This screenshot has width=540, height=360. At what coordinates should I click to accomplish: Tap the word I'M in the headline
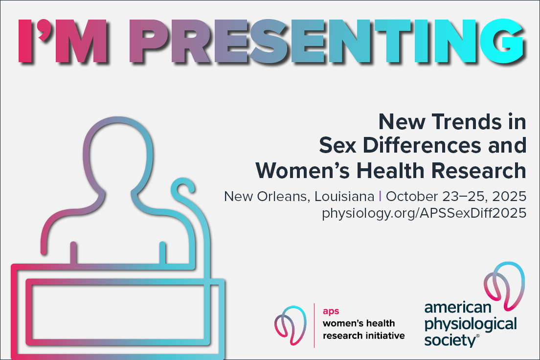(62, 42)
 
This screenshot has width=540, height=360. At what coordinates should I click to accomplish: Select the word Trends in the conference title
(466, 122)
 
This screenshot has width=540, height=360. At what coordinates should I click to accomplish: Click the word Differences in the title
(422, 145)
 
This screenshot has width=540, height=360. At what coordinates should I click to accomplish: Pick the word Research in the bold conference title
(479, 171)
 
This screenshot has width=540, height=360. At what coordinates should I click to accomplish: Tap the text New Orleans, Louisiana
(299, 197)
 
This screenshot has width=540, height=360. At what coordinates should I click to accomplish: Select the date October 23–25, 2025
(456, 197)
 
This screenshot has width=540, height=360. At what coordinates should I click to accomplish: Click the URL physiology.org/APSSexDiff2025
(424, 213)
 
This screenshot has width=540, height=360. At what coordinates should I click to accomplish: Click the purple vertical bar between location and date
(380, 196)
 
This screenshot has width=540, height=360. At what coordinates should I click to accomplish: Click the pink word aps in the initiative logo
(331, 311)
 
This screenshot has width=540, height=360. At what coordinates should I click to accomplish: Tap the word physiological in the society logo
(471, 324)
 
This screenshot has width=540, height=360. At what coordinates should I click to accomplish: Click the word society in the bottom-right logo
(450, 340)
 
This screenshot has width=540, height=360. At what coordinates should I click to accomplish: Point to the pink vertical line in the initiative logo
(314, 325)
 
